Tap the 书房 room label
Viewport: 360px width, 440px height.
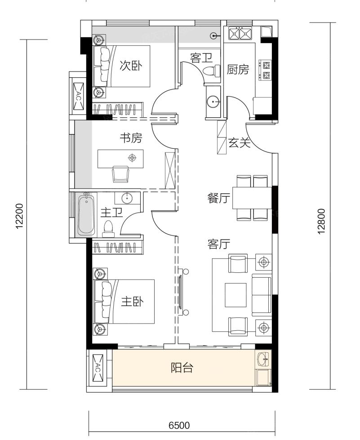pyautogui.click(x=131, y=138)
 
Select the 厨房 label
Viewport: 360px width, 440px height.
pyautogui.click(x=238, y=69)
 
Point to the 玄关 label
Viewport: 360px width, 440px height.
pyautogui.click(x=239, y=142)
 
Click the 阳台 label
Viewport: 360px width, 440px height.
pyautogui.click(x=182, y=367)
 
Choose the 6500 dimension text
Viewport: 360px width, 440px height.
pyautogui.click(x=179, y=426)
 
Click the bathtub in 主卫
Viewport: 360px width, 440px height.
pyautogui.click(x=86, y=215)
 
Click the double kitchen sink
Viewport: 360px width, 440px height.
pyautogui.click(x=240, y=33)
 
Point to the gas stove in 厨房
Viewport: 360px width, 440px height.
pyautogui.click(x=266, y=70)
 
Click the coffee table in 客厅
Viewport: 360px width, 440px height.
pyautogui.click(x=236, y=295)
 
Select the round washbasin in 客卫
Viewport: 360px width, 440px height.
pyautogui.click(x=213, y=101)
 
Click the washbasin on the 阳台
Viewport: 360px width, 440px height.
pyautogui.click(x=263, y=359)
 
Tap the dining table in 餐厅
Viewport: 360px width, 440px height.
pyautogui.click(x=252, y=198)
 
